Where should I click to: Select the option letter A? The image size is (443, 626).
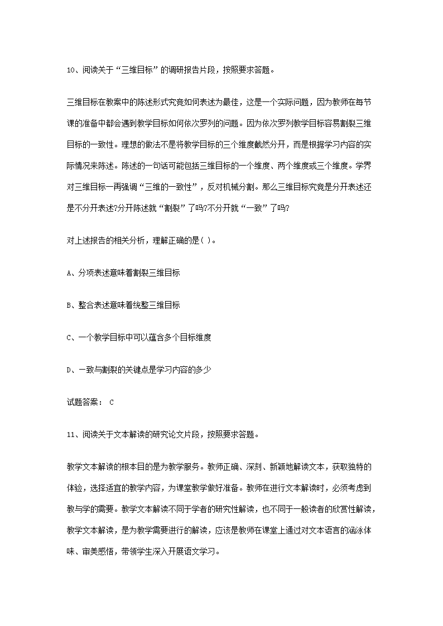[x=69, y=273]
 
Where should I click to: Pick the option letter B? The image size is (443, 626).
[x=69, y=305]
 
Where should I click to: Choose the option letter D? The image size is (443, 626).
[x=69, y=370]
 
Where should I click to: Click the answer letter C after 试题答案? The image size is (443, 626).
[x=112, y=402]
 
